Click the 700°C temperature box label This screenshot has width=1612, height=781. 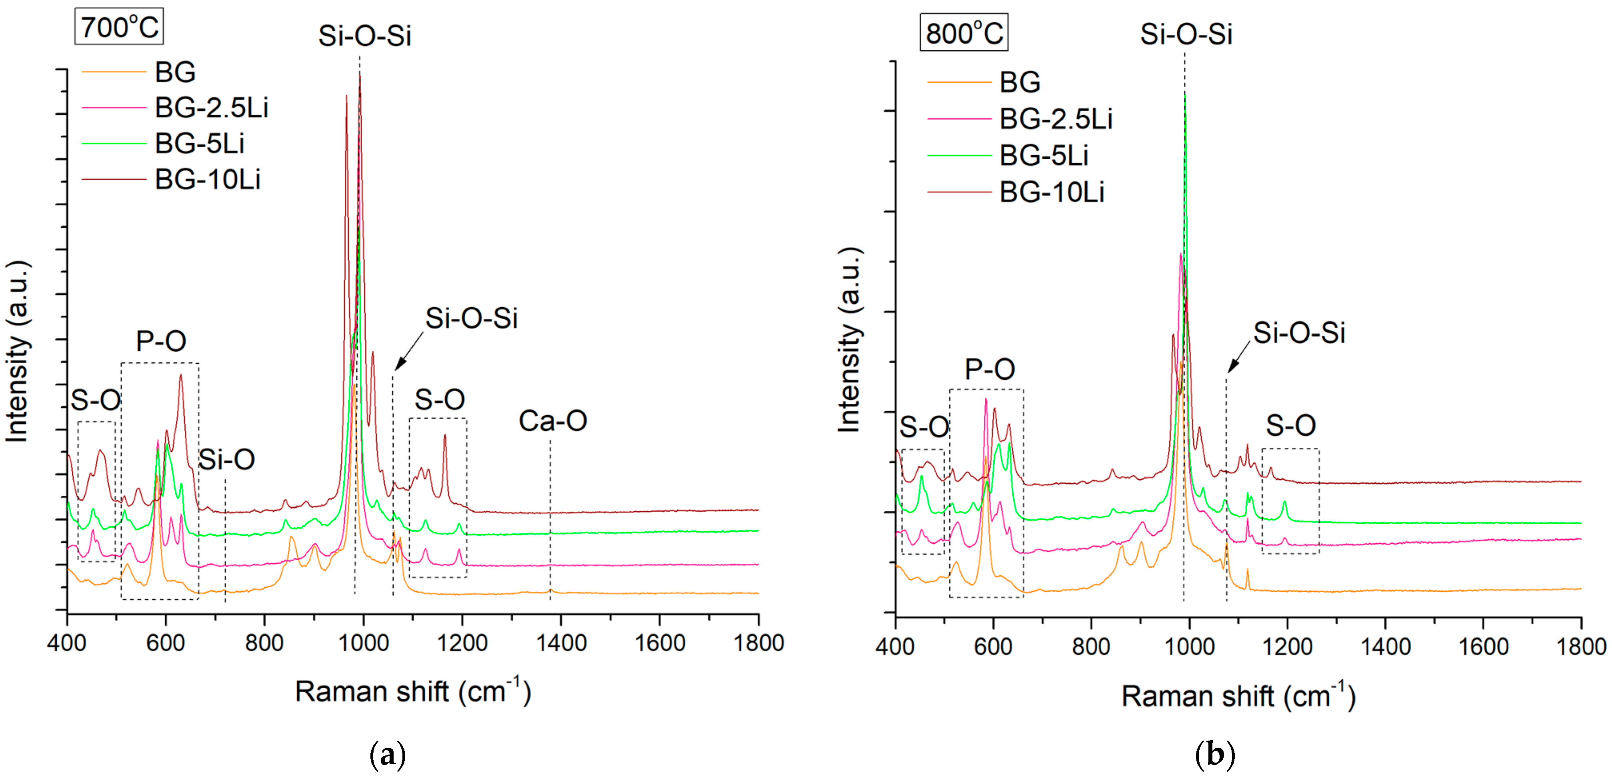[119, 27]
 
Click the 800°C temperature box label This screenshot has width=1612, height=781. [964, 33]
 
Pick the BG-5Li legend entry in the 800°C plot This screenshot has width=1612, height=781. [1043, 155]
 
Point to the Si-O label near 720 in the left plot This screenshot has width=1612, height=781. [226, 460]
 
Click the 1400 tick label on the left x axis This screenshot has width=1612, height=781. [561, 643]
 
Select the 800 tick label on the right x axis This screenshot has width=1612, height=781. [1091, 647]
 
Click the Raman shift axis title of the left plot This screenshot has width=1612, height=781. [413, 691]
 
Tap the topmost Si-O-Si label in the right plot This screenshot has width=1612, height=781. [1186, 34]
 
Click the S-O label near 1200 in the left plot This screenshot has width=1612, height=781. [439, 399]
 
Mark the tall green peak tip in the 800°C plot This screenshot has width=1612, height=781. [1184, 95]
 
